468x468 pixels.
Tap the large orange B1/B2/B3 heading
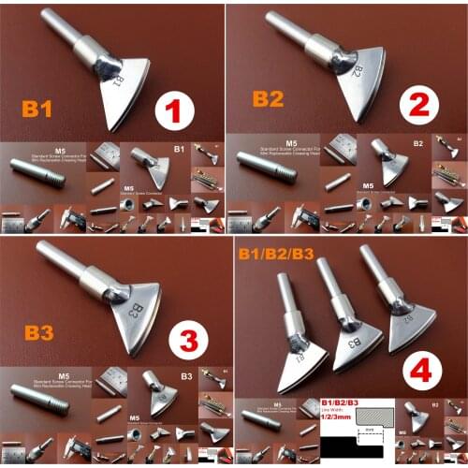(275, 253)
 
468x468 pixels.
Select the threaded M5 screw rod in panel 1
(37, 175)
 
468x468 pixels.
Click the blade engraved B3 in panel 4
(356, 344)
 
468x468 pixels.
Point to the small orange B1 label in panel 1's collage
(178, 148)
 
